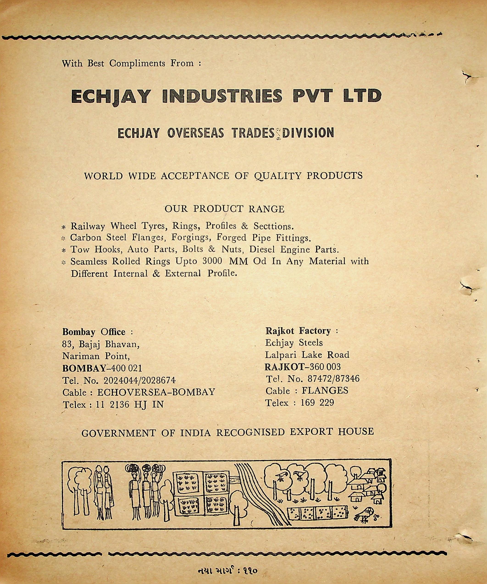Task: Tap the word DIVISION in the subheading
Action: pyautogui.click(x=308, y=133)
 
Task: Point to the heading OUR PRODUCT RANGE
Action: pyautogui.click(x=224, y=209)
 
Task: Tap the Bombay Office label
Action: pyautogui.click(x=94, y=332)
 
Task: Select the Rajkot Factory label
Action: pyautogui.click(x=298, y=331)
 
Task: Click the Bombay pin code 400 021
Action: pyautogui.click(x=126, y=368)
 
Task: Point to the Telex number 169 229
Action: pyautogui.click(x=317, y=403)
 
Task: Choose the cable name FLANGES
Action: pyautogui.click(x=325, y=391)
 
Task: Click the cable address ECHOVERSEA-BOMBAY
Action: pyautogui.click(x=156, y=392)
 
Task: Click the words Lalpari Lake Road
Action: pyautogui.click(x=307, y=355)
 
